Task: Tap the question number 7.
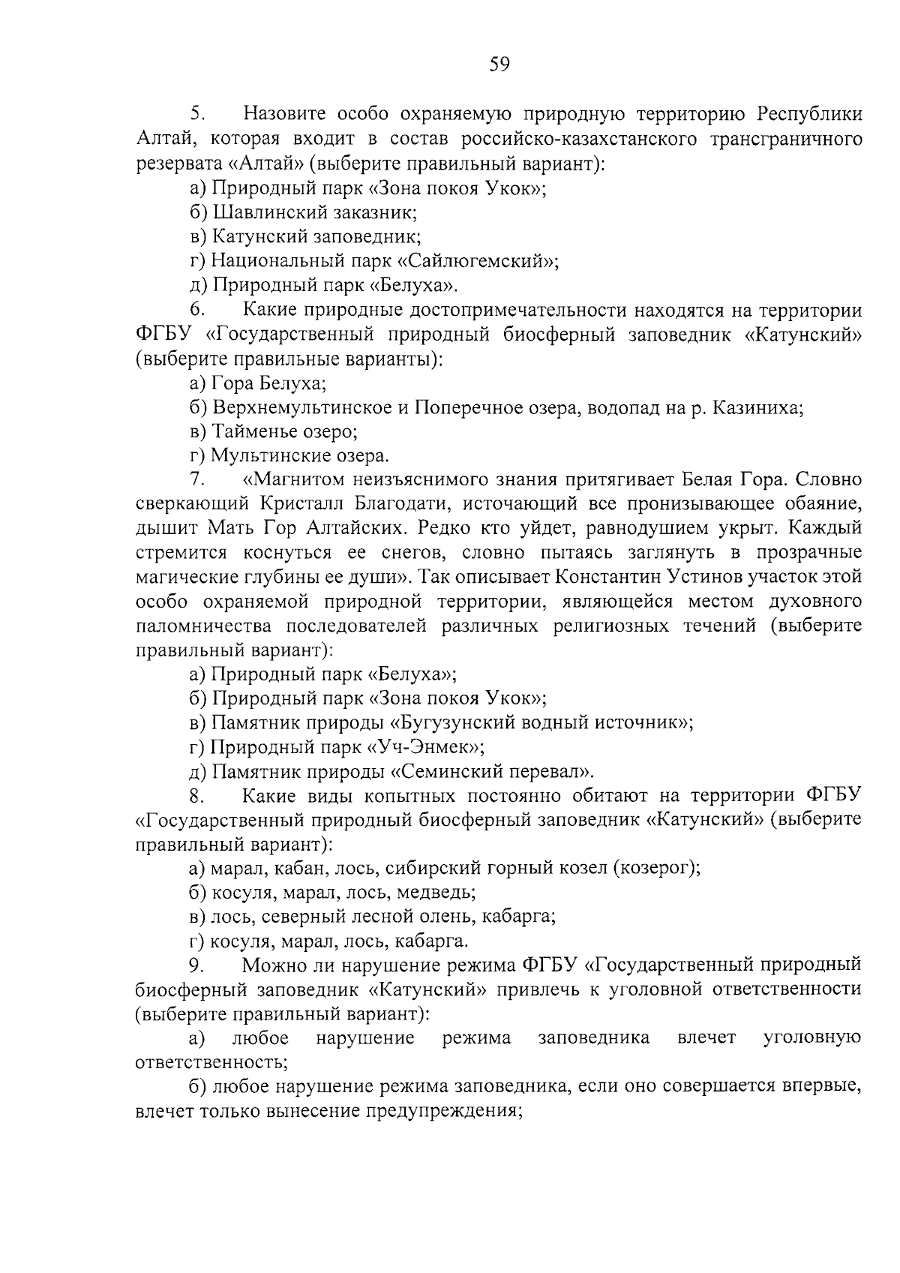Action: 197,480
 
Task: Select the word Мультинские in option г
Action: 265,456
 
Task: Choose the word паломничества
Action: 215,626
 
